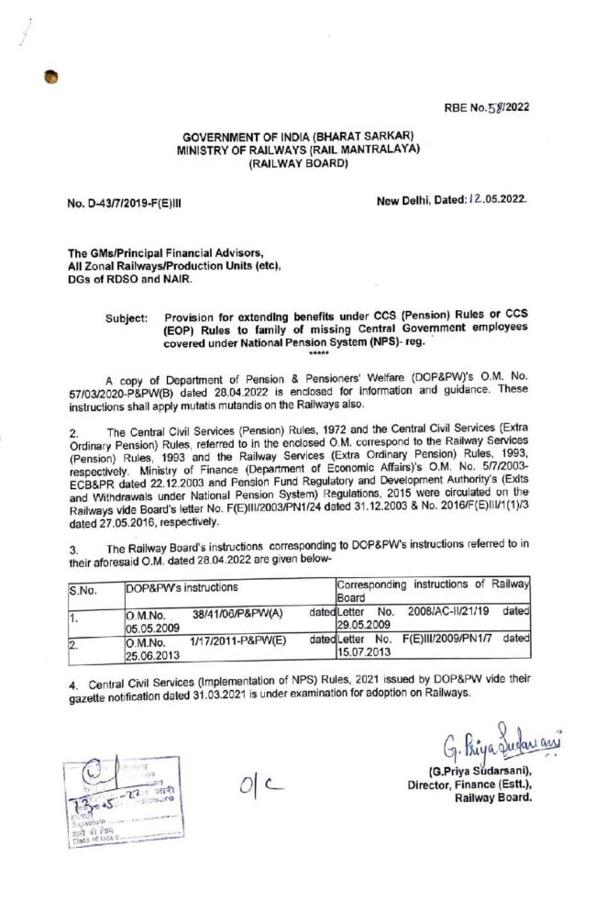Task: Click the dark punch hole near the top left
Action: tap(50, 79)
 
